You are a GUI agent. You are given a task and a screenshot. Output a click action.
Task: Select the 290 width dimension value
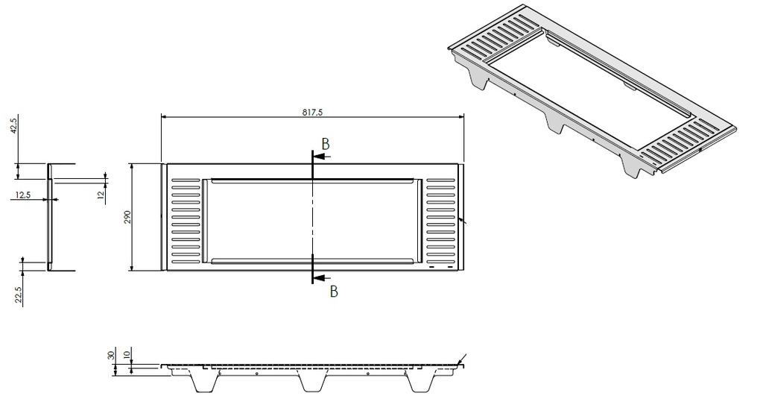coord(127,217)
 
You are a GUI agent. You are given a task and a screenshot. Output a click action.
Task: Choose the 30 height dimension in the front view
coord(113,355)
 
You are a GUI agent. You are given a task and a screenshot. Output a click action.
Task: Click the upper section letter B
coord(326,142)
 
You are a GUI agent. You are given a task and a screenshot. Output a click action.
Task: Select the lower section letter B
coord(334,292)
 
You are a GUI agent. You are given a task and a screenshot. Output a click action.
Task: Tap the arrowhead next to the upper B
coord(318,157)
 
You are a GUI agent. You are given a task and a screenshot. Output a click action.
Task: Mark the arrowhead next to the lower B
coord(318,277)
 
